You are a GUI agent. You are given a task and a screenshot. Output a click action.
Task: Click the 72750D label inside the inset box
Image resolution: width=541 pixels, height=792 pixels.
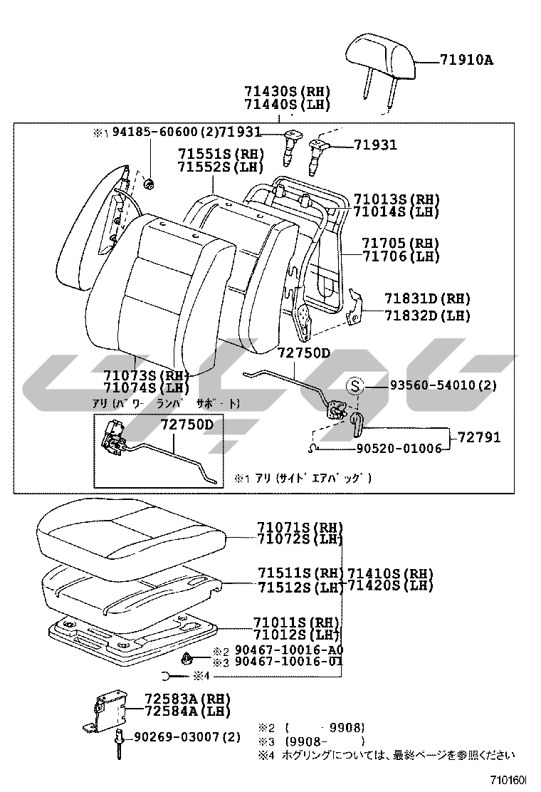point(186,425)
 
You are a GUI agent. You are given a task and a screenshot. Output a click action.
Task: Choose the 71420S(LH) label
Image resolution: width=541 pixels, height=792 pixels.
point(389,585)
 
